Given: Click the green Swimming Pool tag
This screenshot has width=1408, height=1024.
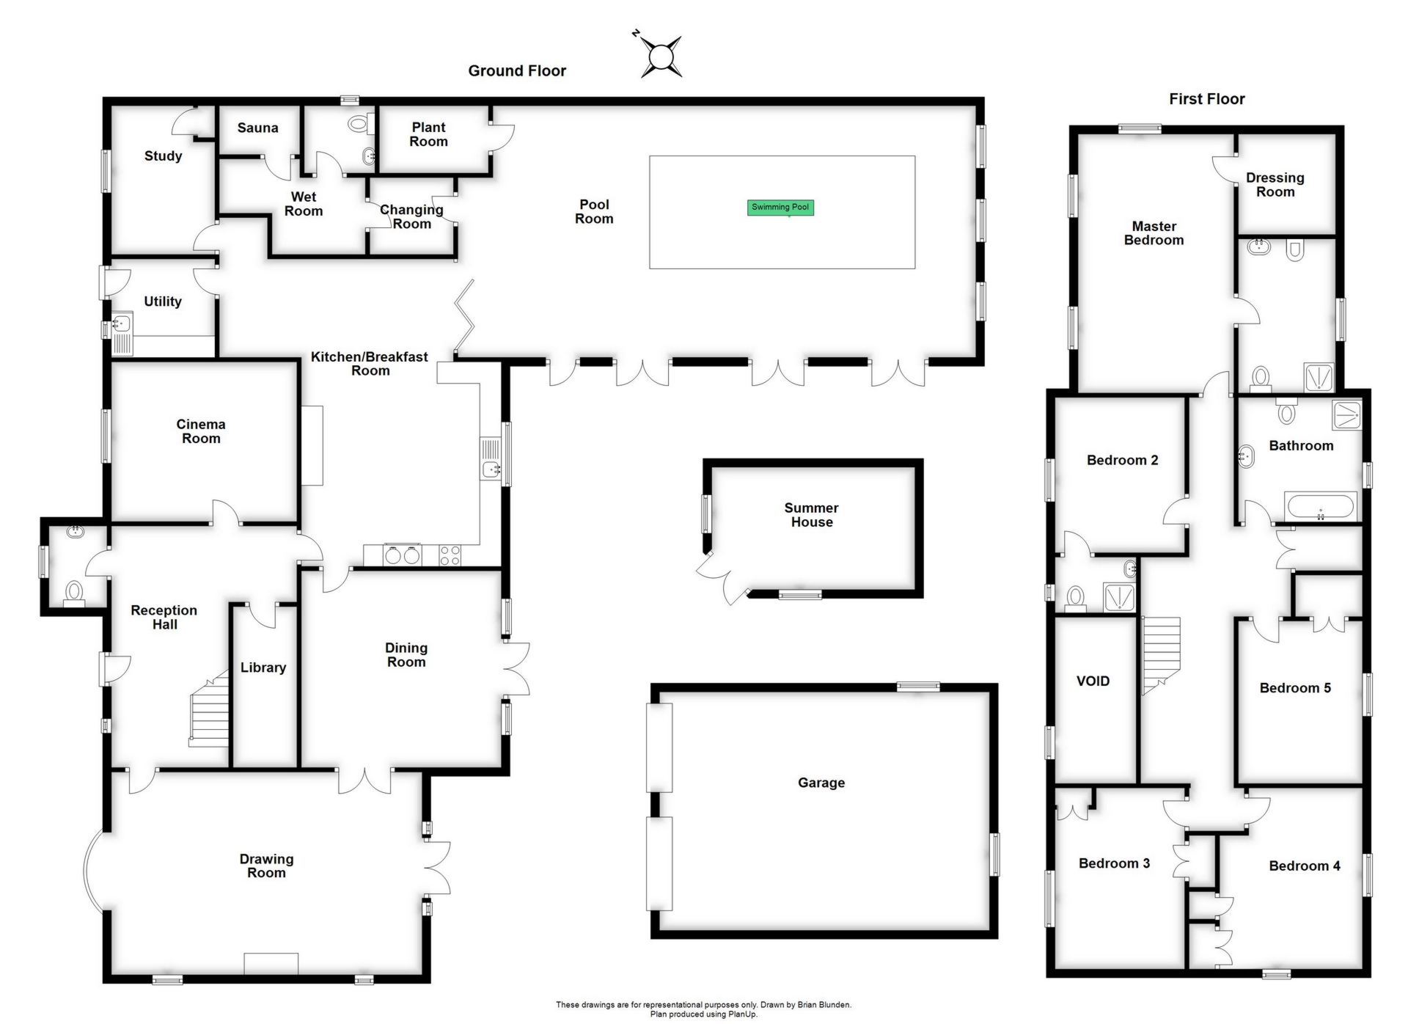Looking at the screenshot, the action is point(780,208).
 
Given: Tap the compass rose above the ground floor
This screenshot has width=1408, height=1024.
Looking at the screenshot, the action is point(661,56).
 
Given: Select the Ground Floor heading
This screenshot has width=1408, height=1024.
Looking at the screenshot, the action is point(517,71).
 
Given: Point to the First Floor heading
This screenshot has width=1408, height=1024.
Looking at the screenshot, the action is point(1206,99).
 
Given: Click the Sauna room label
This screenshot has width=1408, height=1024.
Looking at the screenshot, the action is point(257,128).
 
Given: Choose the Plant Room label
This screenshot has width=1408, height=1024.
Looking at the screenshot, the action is point(428,134).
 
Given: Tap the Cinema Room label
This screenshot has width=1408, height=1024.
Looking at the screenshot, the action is point(201,431).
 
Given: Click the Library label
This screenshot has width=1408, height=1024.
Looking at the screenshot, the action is point(263,668).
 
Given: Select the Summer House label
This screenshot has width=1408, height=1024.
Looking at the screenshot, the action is point(812,515).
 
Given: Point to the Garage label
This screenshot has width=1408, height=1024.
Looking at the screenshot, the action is point(821,783).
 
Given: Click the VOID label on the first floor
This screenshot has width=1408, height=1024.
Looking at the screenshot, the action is point(1093,681).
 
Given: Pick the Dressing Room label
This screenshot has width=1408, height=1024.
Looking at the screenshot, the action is point(1275,185).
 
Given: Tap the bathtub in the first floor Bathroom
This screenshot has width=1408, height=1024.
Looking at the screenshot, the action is point(1321,507).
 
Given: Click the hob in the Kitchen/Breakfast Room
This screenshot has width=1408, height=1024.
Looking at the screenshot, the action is point(450,555).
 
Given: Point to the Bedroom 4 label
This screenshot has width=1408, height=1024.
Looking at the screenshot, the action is point(1305,866).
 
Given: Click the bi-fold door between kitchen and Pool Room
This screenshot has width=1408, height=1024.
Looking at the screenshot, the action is point(464,318).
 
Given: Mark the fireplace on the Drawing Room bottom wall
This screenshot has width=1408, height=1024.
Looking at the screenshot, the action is point(271,964).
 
